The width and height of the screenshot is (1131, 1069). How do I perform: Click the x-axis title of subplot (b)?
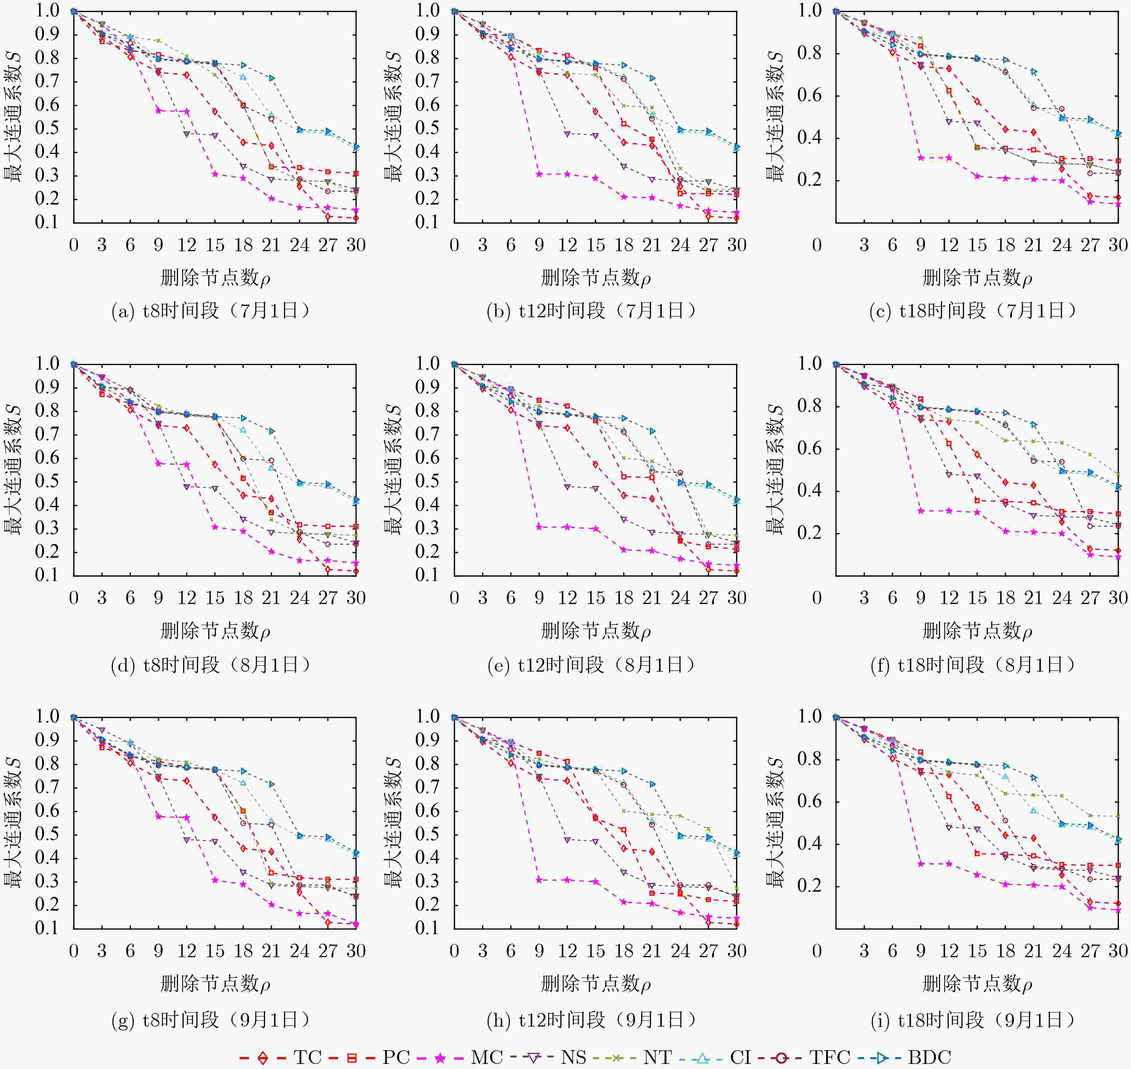[596, 278]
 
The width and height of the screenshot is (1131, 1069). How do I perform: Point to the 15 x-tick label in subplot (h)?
[596, 951]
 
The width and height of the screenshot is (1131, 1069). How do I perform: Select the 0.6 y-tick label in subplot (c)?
[809, 95]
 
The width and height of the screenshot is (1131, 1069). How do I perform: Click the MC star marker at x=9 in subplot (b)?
[539, 174]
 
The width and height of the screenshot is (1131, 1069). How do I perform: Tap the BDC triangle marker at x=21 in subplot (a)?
[271, 78]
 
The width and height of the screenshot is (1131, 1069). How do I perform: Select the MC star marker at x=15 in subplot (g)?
[215, 880]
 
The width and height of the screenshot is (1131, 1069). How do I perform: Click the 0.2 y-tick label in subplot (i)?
[809, 886]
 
